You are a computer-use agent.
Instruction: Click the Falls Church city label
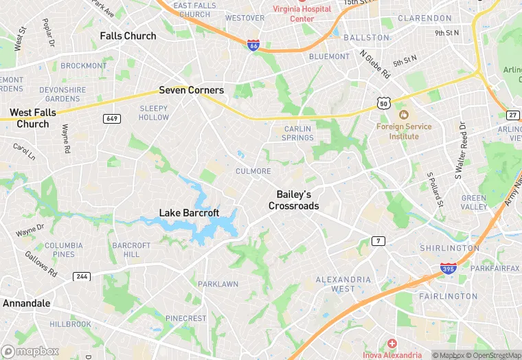click(x=128, y=36)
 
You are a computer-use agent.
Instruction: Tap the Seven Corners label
click(x=191, y=90)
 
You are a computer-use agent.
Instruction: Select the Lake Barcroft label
click(x=189, y=213)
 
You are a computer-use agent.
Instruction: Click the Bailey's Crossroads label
click(x=294, y=200)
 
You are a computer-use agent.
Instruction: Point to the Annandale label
click(x=27, y=302)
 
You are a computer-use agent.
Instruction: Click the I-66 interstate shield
click(x=253, y=44)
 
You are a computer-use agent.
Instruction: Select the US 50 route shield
click(x=383, y=102)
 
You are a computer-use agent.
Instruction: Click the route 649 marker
click(x=112, y=119)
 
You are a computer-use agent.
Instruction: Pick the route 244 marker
click(x=81, y=276)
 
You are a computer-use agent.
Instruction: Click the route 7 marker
click(x=378, y=240)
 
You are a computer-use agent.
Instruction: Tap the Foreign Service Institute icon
click(x=403, y=113)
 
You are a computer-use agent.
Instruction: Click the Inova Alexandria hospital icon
click(x=391, y=344)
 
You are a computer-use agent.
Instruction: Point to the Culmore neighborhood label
click(x=253, y=171)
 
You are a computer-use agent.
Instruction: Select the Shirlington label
click(x=449, y=248)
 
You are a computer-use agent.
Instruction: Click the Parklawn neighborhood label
click(x=218, y=284)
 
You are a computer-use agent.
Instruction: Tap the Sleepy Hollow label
click(x=153, y=113)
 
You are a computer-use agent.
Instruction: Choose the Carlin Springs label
click(x=298, y=133)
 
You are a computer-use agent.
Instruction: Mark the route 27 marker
click(x=513, y=115)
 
